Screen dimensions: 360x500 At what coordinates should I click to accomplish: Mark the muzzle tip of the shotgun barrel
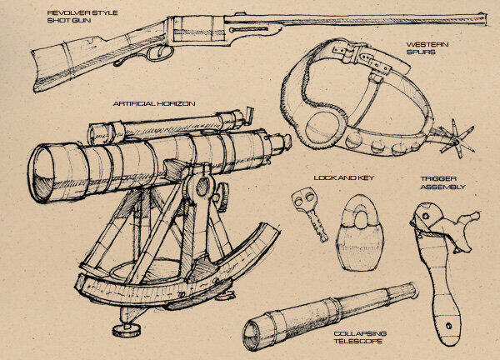(x=485, y=13)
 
